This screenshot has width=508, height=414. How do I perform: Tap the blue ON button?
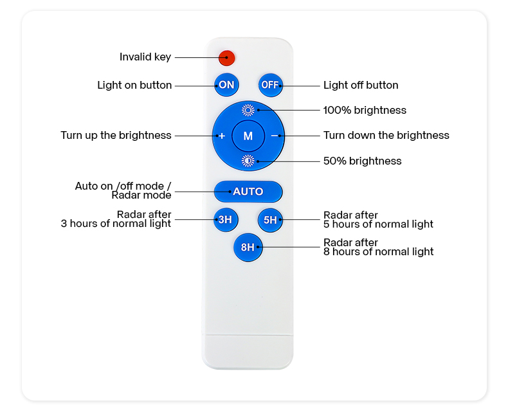pos(226,85)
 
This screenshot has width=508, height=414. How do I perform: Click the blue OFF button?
pos(270,85)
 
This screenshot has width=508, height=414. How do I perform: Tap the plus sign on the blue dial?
pos(222,136)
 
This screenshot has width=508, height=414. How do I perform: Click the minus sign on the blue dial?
pos(275,136)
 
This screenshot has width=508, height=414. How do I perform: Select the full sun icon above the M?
pos(248,110)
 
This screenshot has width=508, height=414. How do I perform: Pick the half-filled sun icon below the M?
pos(248,161)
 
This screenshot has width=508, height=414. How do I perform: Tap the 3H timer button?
pos(226,220)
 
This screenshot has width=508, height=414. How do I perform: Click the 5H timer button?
pos(270,220)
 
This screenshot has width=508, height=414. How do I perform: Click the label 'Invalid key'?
pos(145,57)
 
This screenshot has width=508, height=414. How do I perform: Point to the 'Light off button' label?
pos(361,85)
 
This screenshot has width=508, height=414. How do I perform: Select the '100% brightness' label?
pos(365,110)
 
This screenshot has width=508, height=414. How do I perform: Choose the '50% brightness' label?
pos(363,161)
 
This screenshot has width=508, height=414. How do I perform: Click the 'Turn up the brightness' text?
pos(116,136)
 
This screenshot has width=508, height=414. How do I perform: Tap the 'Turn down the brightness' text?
pos(386,136)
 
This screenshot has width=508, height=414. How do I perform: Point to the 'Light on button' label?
pos(134,85)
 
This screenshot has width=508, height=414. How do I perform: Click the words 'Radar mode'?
pos(141,195)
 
